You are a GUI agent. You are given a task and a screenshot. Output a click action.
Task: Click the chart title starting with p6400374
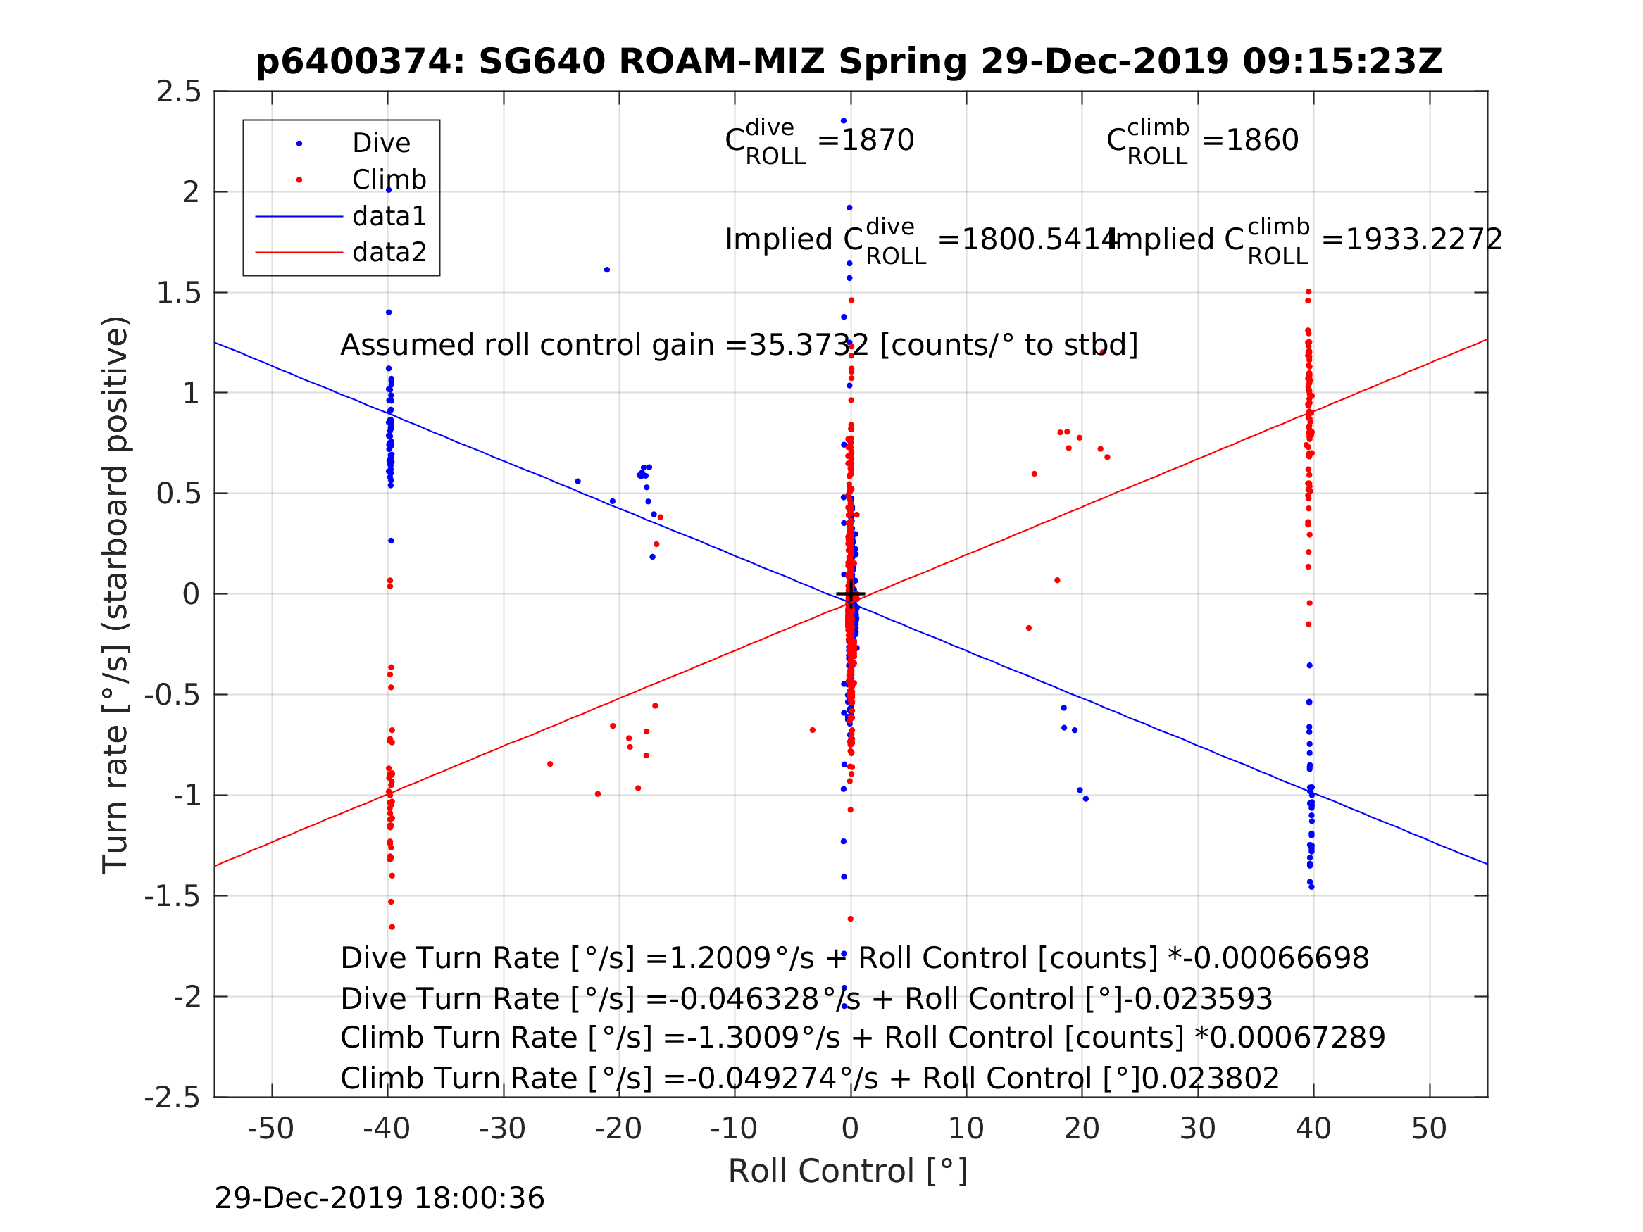(849, 62)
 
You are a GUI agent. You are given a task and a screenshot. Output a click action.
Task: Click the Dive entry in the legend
(381, 144)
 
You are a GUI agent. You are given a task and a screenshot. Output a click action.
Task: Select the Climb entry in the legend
(389, 180)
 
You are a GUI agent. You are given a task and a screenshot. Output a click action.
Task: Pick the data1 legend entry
(389, 216)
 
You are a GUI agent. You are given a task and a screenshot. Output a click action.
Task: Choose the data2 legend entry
(389, 253)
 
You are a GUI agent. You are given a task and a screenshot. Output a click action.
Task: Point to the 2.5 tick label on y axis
(179, 92)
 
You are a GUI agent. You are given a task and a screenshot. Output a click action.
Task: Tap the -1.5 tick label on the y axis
(173, 897)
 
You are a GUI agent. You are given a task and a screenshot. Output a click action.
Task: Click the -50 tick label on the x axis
(271, 1129)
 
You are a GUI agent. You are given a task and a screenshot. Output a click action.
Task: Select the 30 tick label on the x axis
(1197, 1129)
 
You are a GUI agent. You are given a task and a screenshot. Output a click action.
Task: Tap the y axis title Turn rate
(116, 594)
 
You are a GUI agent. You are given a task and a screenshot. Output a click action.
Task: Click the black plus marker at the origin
(851, 594)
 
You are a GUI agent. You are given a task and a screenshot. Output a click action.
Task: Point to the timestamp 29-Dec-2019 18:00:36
(380, 1199)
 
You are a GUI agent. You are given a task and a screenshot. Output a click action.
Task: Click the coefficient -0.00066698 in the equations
(1275, 959)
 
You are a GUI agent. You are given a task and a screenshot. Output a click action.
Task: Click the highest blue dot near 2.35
(844, 121)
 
